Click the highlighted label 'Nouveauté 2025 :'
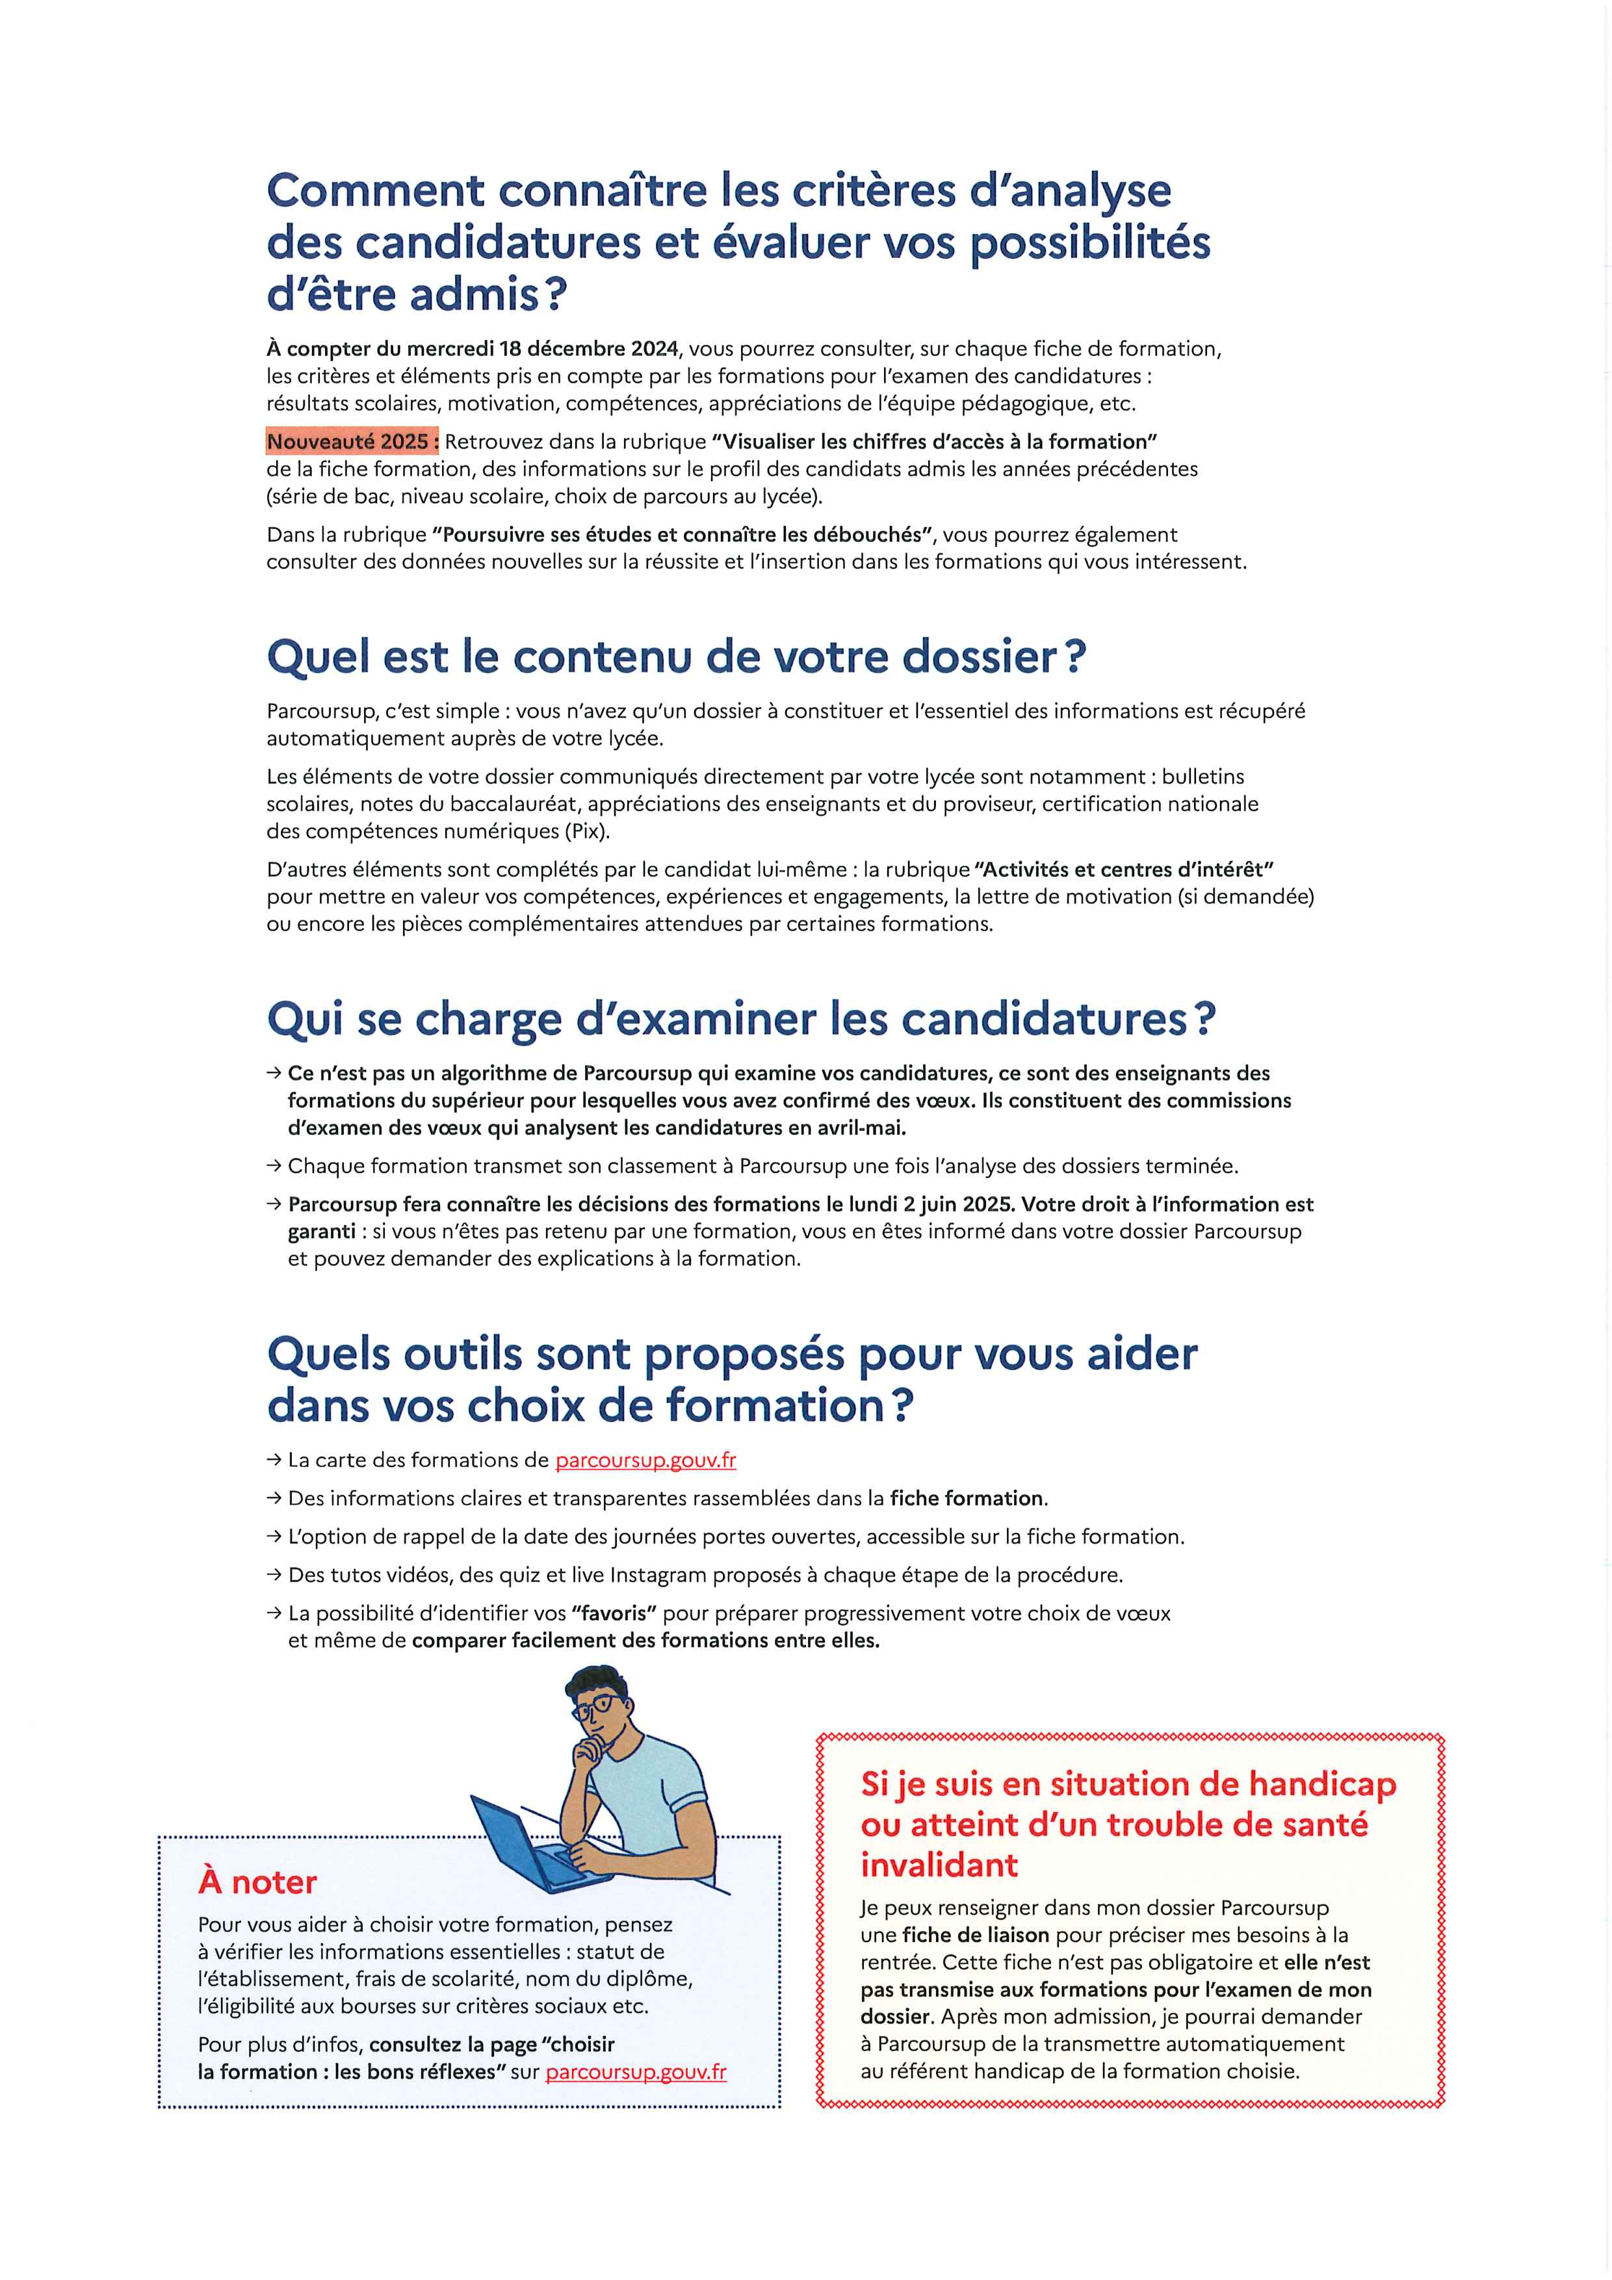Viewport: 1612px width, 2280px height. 352,441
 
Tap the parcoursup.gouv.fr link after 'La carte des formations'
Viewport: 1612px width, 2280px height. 645,1460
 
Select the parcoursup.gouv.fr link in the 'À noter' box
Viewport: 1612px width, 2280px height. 636,2073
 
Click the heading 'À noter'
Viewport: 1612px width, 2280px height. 257,1882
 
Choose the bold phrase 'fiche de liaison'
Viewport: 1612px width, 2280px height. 976,1934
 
